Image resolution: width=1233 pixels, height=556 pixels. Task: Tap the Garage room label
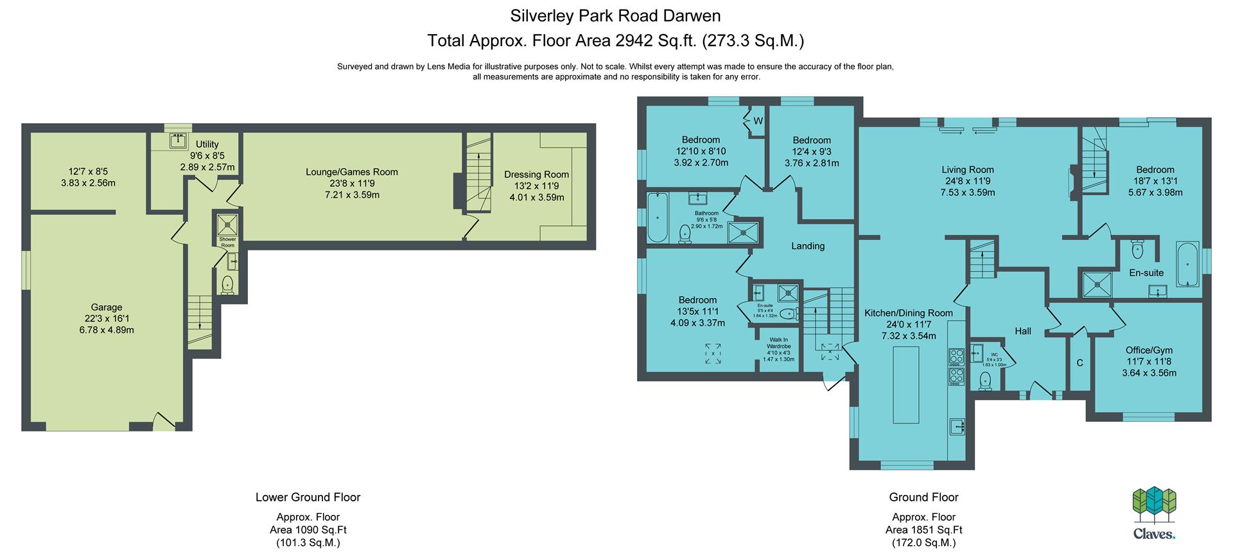tap(106, 308)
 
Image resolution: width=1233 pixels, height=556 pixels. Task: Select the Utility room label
tap(207, 144)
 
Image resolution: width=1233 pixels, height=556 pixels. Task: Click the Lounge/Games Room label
tap(351, 172)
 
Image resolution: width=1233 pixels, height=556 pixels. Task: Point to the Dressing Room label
tap(536, 175)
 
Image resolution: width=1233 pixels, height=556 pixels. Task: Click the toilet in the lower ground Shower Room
tap(227, 284)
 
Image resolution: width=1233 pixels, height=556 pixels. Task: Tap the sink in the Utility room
tap(179, 140)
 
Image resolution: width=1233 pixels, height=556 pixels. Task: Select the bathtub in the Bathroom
tap(657, 217)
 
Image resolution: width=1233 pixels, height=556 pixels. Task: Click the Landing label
tap(808, 246)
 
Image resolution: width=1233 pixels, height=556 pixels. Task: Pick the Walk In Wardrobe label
tap(778, 343)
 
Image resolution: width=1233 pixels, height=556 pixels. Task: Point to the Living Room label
tap(968, 170)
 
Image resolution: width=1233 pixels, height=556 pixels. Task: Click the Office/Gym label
tap(1149, 351)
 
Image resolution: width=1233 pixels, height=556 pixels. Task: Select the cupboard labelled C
tap(1080, 362)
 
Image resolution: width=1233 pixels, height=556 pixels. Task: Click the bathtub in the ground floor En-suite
tap(1187, 264)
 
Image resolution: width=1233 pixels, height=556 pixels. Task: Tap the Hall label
tap(1023, 331)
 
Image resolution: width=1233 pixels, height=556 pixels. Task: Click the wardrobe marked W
tap(757, 121)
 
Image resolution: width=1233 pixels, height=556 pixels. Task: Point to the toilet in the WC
tap(985, 381)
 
